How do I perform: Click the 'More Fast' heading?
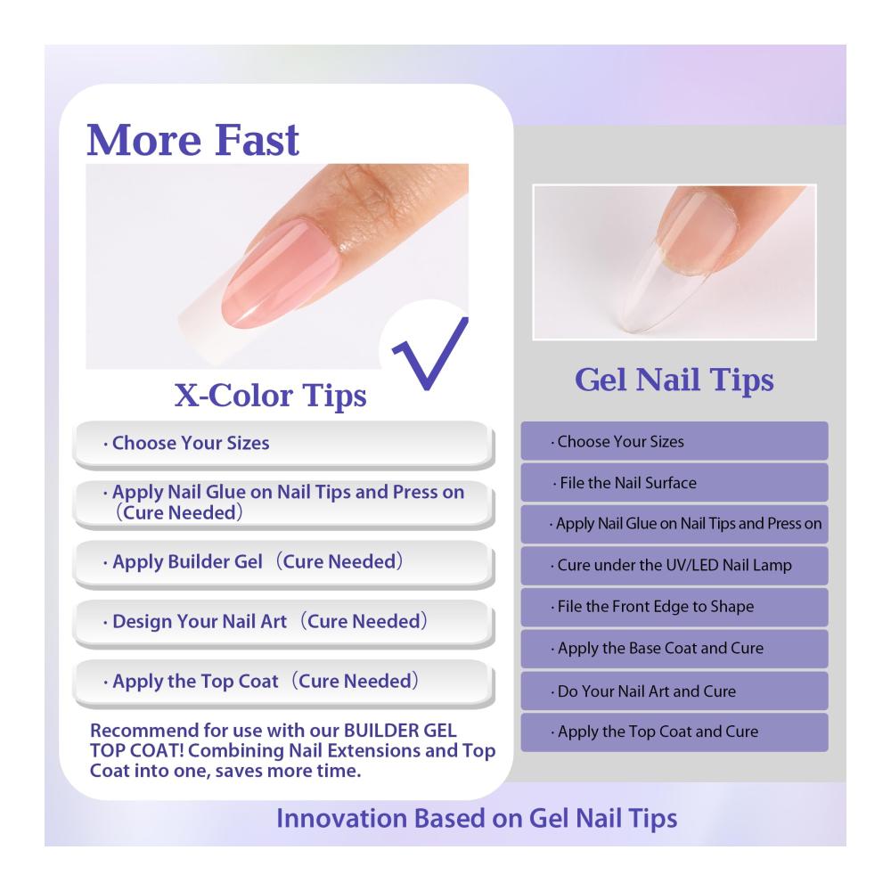[192, 140]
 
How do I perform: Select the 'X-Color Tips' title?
[270, 396]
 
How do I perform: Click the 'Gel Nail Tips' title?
[674, 380]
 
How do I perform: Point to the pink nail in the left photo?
[278, 273]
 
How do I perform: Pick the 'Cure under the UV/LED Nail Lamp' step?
[674, 566]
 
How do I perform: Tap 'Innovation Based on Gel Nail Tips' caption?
[477, 819]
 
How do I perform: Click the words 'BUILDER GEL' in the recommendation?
[400, 731]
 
